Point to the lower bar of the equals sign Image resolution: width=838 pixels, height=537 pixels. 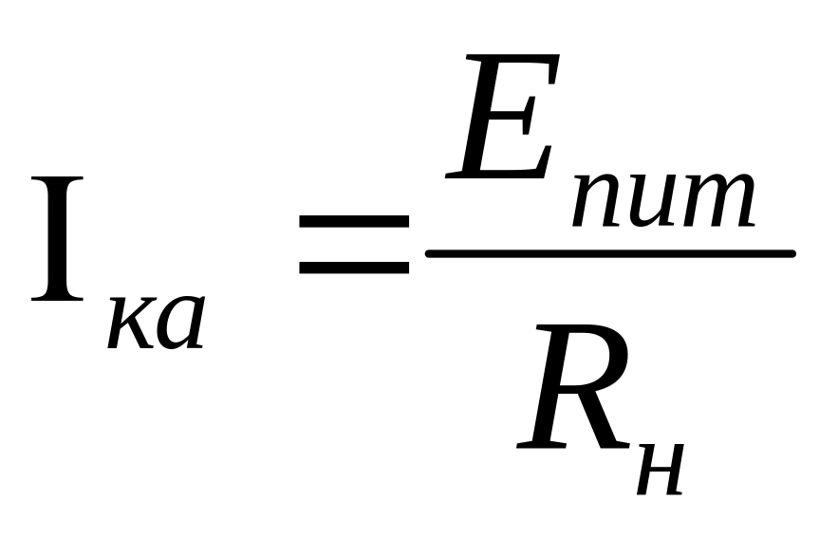tap(354, 267)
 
